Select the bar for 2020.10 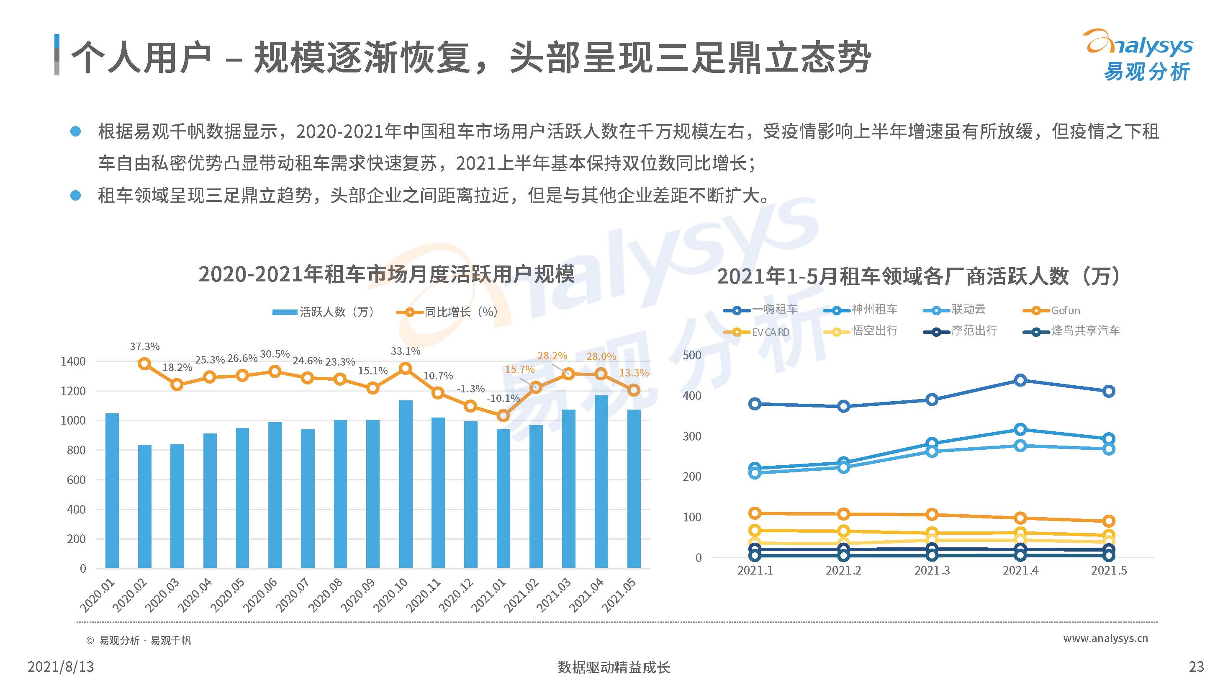[x=406, y=484]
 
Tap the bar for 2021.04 [x=601, y=482]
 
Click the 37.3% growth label [x=144, y=346]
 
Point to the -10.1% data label [x=503, y=398]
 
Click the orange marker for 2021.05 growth [x=634, y=390]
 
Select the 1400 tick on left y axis [x=73, y=361]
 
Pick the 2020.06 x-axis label [x=260, y=595]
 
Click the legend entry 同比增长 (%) [x=448, y=312]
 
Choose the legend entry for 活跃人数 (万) [x=324, y=312]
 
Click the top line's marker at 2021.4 [x=1020, y=380]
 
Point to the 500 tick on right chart [x=692, y=355]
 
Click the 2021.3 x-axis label [x=932, y=570]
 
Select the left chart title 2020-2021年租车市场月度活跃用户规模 [x=386, y=274]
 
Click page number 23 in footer [x=1196, y=666]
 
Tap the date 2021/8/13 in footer [x=61, y=666]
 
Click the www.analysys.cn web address [x=1105, y=638]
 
